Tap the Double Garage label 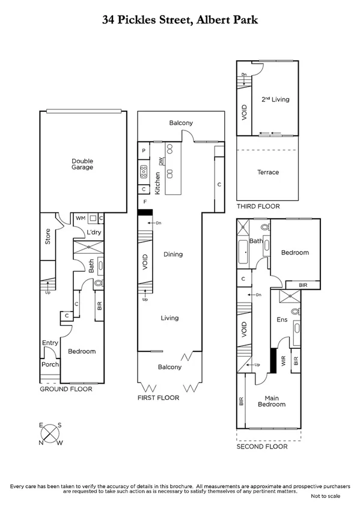82,164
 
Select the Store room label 47,237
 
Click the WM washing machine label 81,218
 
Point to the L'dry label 93,232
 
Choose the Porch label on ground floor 49,364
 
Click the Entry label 50,343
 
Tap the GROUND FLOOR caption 66,389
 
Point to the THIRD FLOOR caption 258,206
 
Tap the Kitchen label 157,182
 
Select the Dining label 172,254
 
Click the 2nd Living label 275,99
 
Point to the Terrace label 268,172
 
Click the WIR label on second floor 284,361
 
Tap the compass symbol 51,434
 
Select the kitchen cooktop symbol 144,173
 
